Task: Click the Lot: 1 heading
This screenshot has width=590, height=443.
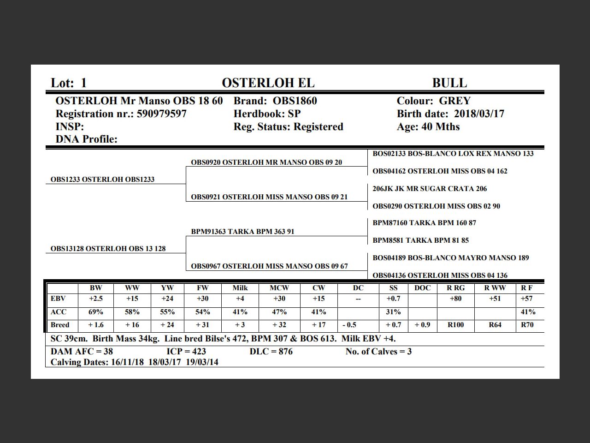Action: [69, 83]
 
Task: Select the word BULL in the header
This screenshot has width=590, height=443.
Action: [449, 83]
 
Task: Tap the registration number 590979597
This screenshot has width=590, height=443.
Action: [162, 114]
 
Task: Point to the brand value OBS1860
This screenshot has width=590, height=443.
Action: [295, 101]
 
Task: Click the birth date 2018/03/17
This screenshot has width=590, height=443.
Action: [479, 114]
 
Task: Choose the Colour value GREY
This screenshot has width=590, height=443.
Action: [454, 101]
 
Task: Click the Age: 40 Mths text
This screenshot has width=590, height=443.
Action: [428, 127]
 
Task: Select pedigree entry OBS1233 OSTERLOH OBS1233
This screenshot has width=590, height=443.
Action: [102, 180]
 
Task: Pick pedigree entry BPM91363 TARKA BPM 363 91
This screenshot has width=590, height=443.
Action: [242, 232]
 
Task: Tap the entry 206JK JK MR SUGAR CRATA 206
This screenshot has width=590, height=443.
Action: [430, 189]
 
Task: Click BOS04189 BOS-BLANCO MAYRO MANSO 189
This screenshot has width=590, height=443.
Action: [450, 258]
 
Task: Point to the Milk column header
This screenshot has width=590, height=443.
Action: [240, 288]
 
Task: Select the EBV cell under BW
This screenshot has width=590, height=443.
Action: [96, 299]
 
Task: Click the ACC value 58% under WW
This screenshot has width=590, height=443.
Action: [132, 312]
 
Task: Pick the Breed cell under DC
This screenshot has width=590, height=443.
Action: [349, 325]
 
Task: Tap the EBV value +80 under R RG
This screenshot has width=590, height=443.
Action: [455, 299]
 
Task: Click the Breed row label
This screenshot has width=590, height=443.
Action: [60, 325]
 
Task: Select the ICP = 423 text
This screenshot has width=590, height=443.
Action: [186, 352]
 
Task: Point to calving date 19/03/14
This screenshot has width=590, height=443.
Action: [202, 362]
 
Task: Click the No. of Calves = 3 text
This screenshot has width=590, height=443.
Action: [378, 352]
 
